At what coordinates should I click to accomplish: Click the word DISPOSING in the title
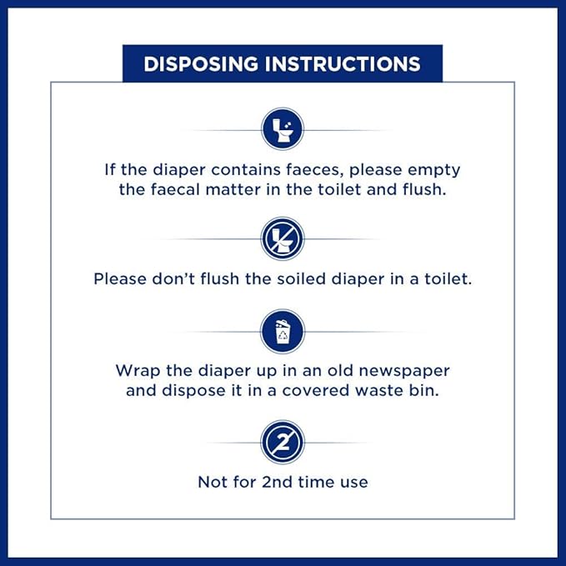coord(201,64)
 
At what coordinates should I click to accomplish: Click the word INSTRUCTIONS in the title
coord(343,64)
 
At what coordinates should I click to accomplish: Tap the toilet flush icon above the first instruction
coord(283,129)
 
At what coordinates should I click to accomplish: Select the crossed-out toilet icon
coord(283,238)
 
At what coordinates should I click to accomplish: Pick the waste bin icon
coord(283,332)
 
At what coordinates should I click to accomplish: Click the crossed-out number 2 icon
coord(283,442)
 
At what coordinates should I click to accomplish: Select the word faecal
coord(175,189)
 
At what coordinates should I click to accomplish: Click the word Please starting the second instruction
coord(120,279)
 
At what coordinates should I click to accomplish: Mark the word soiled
coord(301,279)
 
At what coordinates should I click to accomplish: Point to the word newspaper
coord(404,372)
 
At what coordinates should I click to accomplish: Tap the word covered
coord(315,391)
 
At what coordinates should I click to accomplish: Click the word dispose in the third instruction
coord(193,391)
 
